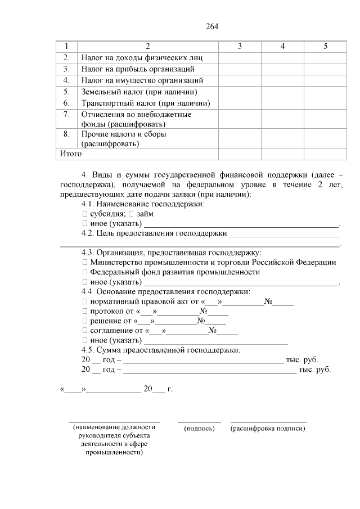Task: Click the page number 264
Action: (211, 26)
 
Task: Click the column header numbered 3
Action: (240, 46)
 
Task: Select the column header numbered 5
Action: (325, 46)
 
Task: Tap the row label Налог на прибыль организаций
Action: (138, 69)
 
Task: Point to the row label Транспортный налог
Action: (145, 103)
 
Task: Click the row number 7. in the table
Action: (66, 115)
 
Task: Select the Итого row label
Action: (71, 154)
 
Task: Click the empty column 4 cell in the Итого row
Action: (282, 154)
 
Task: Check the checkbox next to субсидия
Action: (85, 214)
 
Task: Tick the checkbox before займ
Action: (130, 214)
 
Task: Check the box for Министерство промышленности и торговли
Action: (85, 262)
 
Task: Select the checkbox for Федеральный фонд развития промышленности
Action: (85, 272)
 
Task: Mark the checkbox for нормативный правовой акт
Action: (85, 301)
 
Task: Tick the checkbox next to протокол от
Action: (85, 311)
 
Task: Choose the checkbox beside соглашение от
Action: (85, 331)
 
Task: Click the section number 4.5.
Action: (88, 350)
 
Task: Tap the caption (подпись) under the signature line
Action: (200, 429)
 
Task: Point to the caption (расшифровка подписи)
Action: (268, 429)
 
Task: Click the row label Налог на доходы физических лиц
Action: (141, 58)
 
